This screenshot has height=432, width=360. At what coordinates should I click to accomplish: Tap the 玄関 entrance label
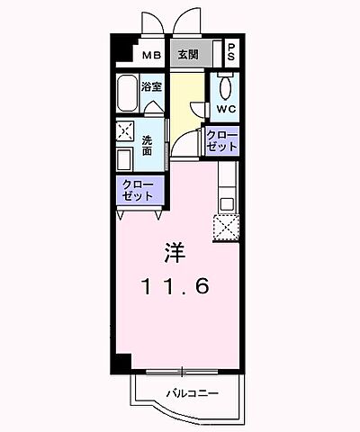click(x=187, y=54)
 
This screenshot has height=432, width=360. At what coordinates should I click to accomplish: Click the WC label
click(x=225, y=110)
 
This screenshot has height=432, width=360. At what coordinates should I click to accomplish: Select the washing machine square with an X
click(x=126, y=131)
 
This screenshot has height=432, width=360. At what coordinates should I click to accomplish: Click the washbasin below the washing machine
click(x=125, y=159)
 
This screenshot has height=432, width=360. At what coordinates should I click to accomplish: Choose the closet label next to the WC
click(x=222, y=140)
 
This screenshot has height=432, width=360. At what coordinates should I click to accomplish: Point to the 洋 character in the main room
click(x=175, y=254)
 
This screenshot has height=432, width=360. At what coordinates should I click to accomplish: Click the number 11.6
click(x=175, y=287)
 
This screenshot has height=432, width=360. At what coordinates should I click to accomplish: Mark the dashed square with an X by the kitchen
click(x=225, y=227)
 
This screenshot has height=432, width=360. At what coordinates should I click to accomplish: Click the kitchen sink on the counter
click(x=227, y=202)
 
